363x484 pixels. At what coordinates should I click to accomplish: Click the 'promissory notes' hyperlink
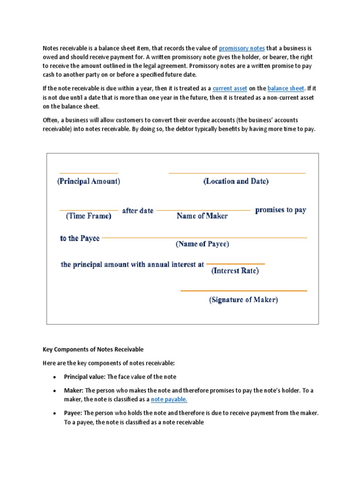(x=242, y=48)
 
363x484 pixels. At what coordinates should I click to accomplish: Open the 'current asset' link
(x=230, y=88)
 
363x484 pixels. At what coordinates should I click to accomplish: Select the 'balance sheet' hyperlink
(x=286, y=88)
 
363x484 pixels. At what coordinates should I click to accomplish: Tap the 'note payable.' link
(x=169, y=399)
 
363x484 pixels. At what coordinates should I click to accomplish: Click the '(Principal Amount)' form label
(x=88, y=181)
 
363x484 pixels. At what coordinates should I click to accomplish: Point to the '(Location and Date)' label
(x=236, y=181)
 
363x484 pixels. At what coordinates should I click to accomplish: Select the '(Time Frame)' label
(x=88, y=216)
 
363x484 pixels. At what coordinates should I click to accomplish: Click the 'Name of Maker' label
(x=202, y=216)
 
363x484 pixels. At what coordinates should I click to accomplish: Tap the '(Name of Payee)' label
(x=202, y=244)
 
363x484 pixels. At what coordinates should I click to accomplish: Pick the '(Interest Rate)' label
(x=235, y=271)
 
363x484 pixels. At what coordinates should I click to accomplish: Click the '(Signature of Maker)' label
(x=243, y=300)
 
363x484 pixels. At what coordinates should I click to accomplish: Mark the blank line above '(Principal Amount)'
(x=88, y=173)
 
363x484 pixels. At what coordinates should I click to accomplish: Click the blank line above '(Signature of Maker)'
(x=243, y=291)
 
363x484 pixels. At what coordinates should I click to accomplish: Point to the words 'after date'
(x=138, y=211)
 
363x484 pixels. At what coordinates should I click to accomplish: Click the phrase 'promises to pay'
(x=280, y=210)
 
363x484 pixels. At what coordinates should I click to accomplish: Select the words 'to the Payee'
(x=79, y=238)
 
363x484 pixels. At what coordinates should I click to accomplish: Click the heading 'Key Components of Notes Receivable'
(x=93, y=349)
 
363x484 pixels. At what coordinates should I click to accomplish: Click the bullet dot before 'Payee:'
(x=55, y=414)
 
